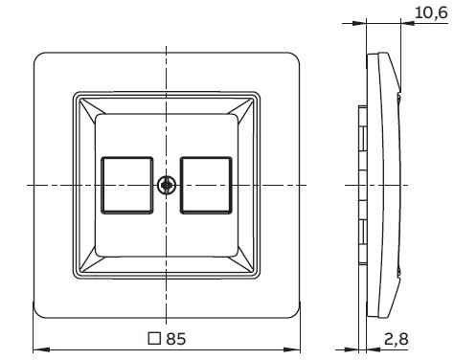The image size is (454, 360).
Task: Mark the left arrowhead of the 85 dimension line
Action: click(x=37, y=347)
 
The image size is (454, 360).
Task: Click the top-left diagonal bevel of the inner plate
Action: click(x=87, y=103)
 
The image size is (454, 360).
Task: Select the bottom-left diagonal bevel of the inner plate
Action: click(x=87, y=264)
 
